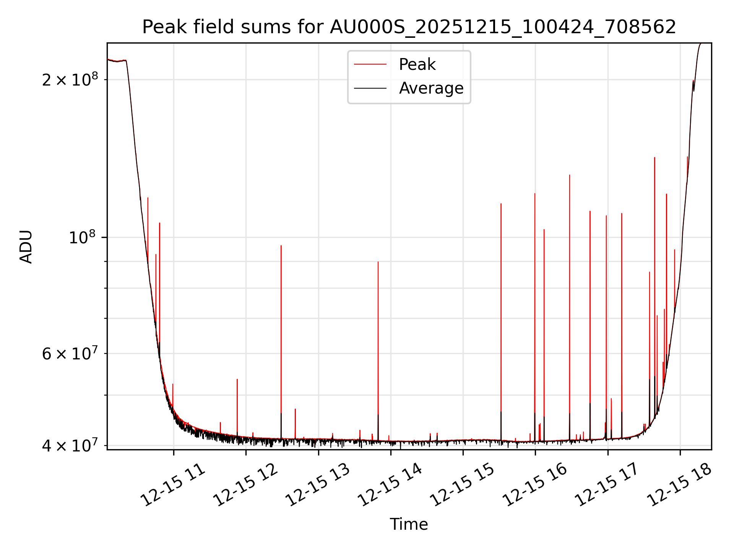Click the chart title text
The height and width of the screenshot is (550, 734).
click(x=409, y=27)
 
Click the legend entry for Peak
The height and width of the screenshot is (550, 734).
click(x=417, y=65)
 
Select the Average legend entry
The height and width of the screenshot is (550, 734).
click(x=431, y=88)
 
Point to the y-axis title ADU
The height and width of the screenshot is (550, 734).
click(x=26, y=247)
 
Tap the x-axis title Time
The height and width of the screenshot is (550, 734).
click(x=409, y=524)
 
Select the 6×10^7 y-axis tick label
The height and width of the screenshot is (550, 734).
click(x=70, y=354)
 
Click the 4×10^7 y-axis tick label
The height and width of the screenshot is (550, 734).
click(x=70, y=445)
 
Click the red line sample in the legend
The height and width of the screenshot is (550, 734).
click(x=370, y=65)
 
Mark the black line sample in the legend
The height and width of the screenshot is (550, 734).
click(x=370, y=88)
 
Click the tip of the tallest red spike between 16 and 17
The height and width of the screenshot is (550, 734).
click(x=570, y=175)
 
